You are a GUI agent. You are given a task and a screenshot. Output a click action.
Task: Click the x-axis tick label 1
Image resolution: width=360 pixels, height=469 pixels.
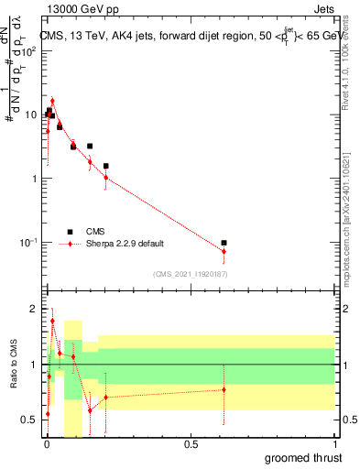pos(333,444)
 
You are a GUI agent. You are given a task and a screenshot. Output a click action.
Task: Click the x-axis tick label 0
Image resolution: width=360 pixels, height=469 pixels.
pos(47,444)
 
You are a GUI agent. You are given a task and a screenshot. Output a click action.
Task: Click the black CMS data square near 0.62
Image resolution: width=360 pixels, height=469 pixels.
pos(224,243)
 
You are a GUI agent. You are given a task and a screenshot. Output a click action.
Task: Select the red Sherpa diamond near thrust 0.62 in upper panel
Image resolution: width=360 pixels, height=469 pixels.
pos(224,251)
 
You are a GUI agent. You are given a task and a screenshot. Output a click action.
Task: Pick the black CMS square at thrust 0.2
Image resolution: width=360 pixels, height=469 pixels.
pos(106,166)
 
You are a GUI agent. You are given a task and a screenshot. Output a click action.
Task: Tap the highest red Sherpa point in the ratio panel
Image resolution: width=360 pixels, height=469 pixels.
pos(52,321)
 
